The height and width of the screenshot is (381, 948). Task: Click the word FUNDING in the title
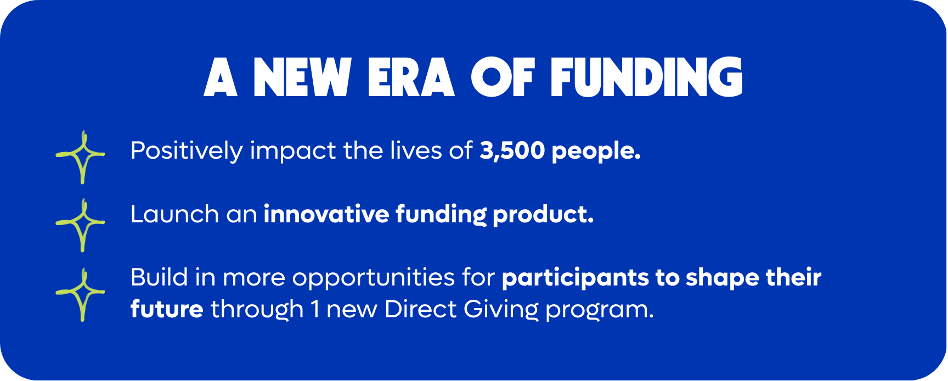point(647,77)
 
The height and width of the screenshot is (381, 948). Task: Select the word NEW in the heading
point(302,77)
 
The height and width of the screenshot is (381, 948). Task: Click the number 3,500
point(512,151)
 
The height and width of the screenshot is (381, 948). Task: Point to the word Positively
point(187,151)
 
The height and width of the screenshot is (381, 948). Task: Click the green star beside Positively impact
point(81,157)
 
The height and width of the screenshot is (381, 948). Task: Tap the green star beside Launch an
point(81,225)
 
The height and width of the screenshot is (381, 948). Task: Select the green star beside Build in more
point(81,295)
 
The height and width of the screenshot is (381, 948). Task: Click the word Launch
point(174,214)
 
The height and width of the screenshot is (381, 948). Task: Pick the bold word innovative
point(326,214)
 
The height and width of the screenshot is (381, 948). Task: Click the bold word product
point(543,215)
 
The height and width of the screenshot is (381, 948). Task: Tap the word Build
point(159,277)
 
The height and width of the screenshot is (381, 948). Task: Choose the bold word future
point(167,309)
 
